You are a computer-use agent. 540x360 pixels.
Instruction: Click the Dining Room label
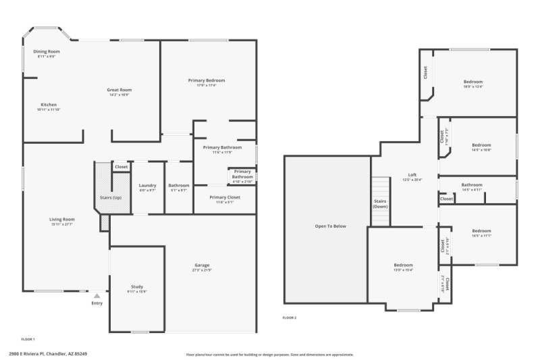[x=47, y=51]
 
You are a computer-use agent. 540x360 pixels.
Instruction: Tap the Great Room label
[x=119, y=90]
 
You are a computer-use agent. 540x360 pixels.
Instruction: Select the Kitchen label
[x=49, y=105]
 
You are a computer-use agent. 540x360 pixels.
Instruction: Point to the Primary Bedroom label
[x=207, y=80]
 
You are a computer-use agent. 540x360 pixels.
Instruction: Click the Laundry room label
[x=147, y=185]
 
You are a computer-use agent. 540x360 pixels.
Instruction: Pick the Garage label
[x=202, y=265]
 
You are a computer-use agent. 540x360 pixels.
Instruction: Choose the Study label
[x=137, y=287]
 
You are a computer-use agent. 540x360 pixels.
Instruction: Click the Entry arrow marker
[x=97, y=295]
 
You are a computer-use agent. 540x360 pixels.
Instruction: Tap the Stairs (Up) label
[x=111, y=198]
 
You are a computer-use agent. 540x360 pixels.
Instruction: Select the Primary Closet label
[x=224, y=197]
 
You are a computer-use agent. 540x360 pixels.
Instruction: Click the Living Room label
[x=61, y=219]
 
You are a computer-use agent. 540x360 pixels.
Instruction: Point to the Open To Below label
[x=331, y=226]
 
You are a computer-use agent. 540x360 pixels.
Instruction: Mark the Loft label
[x=412, y=174]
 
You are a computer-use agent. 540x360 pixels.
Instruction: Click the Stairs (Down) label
[x=380, y=203]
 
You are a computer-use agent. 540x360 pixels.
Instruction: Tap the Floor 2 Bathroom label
[x=472, y=185]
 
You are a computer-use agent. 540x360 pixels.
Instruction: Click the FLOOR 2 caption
[x=290, y=317]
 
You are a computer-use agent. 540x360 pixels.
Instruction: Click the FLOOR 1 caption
[x=28, y=338]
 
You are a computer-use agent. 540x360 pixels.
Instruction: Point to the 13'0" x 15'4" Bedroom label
[x=403, y=265]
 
